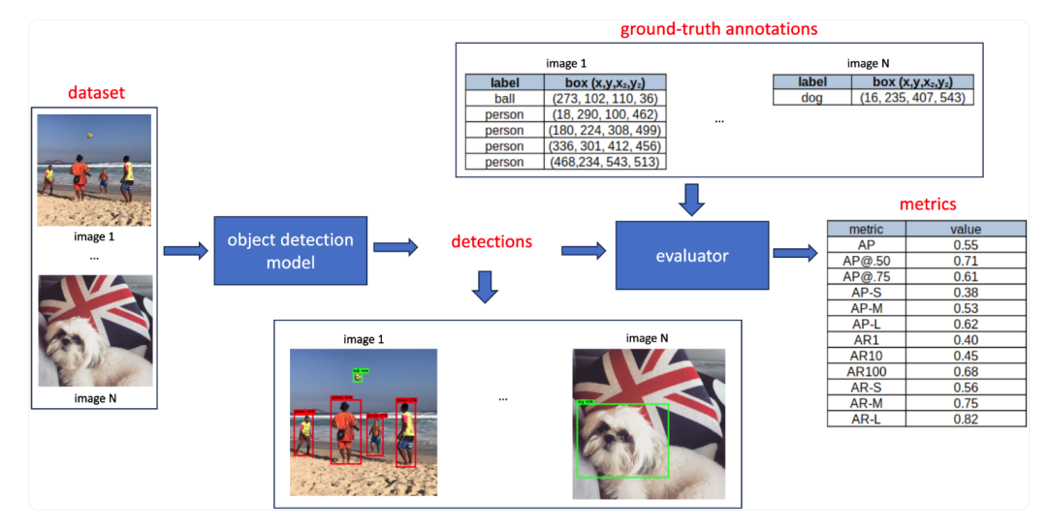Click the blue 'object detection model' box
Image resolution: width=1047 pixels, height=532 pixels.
[x=291, y=251]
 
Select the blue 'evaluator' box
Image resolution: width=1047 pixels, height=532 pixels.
[x=692, y=256]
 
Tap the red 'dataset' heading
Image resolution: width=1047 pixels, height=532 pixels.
[x=96, y=93]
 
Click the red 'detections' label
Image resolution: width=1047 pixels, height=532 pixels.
[x=492, y=241]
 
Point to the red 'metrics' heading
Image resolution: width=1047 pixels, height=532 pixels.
[x=928, y=204]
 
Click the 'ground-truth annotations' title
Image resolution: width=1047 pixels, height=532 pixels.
[x=718, y=29]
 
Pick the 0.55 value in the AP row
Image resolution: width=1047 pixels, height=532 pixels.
[x=966, y=246]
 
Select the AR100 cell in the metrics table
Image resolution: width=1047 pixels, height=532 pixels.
[x=868, y=372]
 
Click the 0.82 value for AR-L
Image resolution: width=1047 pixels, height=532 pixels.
[x=966, y=419]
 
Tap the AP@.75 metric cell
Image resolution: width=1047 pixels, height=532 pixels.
[x=868, y=277]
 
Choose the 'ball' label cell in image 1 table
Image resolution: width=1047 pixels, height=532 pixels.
[x=504, y=99]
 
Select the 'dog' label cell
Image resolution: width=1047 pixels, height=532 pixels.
[x=811, y=98]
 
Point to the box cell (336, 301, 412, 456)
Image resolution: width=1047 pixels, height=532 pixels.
[x=605, y=145]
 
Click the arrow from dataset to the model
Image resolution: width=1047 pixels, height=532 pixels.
[x=185, y=252]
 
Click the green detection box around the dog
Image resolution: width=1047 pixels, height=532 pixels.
[x=622, y=440]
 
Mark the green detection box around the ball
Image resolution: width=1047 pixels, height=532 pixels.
[x=358, y=374]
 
